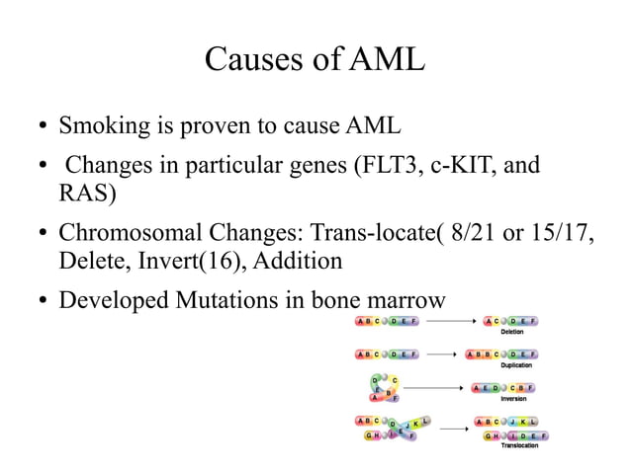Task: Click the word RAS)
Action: click(88, 193)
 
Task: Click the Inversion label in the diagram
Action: click(511, 399)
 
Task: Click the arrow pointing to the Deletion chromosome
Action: click(450, 321)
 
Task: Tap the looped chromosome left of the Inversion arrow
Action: click(384, 388)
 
